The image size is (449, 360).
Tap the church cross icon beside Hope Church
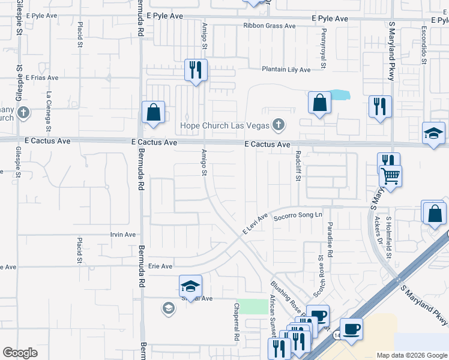pos(277,125)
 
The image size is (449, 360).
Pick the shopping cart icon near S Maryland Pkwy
pos(390,176)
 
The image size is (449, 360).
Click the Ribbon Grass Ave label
pos(270,26)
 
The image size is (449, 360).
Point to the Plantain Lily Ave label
pos(286,70)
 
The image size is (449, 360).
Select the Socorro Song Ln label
pos(298,214)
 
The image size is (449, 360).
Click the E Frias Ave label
pos(42,77)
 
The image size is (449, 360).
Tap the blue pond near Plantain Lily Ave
pos(340,94)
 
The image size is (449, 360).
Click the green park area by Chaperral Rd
pos(252,306)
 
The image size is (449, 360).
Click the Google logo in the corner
pos(20,353)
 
